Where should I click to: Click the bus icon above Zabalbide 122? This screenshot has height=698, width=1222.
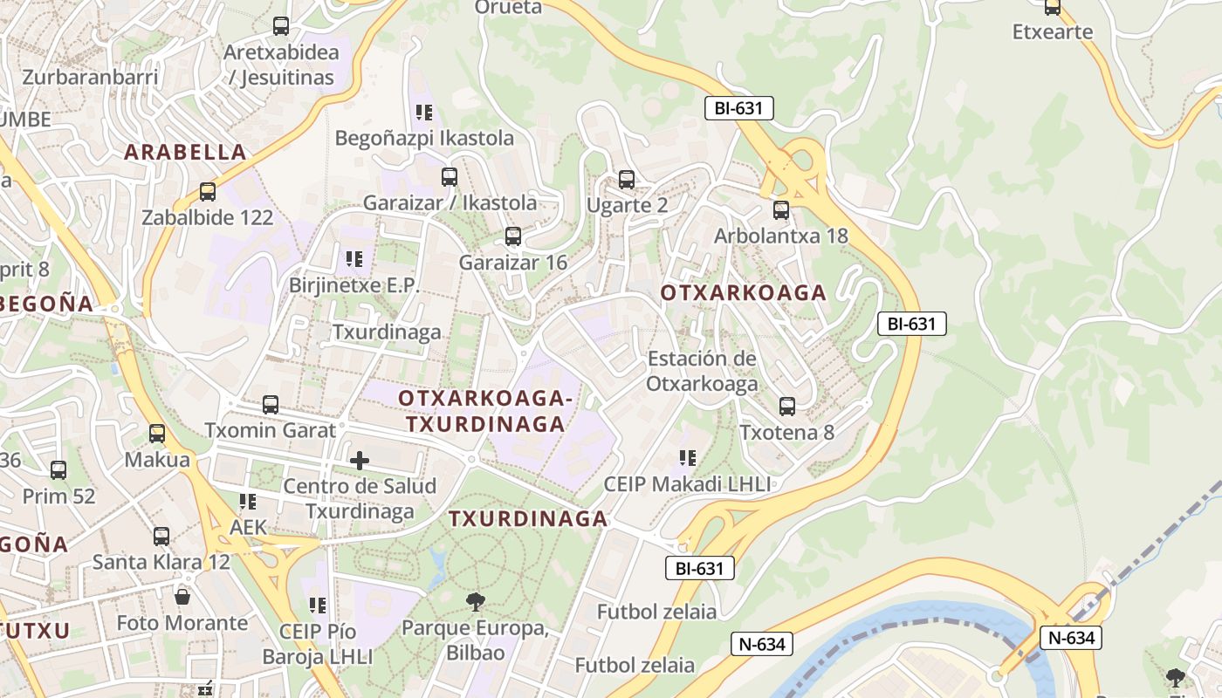(207, 192)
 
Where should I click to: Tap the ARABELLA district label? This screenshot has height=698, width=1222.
(185, 152)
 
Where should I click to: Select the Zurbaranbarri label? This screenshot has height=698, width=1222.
(90, 77)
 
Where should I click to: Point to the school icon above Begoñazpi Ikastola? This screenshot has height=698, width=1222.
(424, 113)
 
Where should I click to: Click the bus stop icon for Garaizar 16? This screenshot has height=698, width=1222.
(513, 236)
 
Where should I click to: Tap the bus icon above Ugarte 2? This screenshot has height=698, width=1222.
(627, 180)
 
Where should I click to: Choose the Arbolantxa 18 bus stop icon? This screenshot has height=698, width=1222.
(781, 210)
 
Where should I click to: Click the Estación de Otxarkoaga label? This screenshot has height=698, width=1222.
(702, 371)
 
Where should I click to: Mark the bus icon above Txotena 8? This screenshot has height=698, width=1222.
(787, 407)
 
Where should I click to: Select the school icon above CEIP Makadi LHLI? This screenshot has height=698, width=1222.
(688, 458)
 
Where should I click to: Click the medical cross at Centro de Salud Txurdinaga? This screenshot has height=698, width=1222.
(360, 460)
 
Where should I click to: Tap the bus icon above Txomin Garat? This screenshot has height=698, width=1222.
(271, 405)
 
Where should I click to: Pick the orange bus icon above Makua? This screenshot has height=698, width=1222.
(157, 434)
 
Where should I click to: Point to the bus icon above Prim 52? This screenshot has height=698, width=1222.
(58, 470)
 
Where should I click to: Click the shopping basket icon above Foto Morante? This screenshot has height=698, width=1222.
(182, 597)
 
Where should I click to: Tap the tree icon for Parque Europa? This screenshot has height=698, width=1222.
(476, 601)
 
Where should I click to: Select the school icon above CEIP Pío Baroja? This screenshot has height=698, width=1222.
(318, 605)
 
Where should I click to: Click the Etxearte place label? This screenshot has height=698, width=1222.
(1053, 32)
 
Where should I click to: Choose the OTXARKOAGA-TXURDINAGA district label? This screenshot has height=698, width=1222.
(485, 411)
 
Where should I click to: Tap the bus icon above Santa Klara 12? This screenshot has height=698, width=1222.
(161, 536)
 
